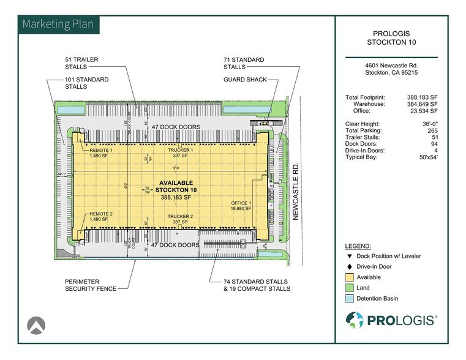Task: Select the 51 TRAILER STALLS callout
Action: [82, 63]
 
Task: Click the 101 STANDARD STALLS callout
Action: [86, 83]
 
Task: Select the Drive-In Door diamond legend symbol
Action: [350, 266]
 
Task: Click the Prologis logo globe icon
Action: [355, 320]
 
